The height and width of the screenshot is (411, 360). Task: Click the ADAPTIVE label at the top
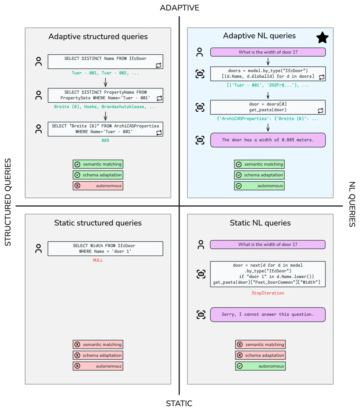tap(179, 8)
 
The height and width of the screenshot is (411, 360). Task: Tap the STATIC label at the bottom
tap(179, 403)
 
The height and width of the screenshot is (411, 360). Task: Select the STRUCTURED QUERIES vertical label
tap(8, 202)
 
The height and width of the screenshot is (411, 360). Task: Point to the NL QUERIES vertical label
tap(352, 204)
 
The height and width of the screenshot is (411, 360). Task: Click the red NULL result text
tap(98, 260)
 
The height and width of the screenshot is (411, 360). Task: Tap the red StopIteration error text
tap(268, 293)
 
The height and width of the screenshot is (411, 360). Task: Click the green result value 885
tap(105, 140)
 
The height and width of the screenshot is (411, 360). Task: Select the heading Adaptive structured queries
tap(98, 37)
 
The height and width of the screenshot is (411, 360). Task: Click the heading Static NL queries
tap(260, 223)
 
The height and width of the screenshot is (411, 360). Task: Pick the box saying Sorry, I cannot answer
tap(268, 314)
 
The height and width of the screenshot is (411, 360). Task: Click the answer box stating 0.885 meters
tap(268, 140)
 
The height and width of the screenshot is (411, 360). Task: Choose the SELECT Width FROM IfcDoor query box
tap(105, 248)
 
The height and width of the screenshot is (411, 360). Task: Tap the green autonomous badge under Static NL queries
tap(260, 366)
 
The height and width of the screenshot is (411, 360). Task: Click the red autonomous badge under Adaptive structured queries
tap(98, 186)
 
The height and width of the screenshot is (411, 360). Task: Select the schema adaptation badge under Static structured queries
tap(98, 355)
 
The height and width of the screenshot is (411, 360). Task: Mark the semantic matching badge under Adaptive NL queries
tap(259, 164)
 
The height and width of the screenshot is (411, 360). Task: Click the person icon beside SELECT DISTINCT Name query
tap(38, 61)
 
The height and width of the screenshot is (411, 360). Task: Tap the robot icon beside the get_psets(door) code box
tap(200, 107)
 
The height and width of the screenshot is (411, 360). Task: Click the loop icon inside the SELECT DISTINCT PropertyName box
tap(159, 98)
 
